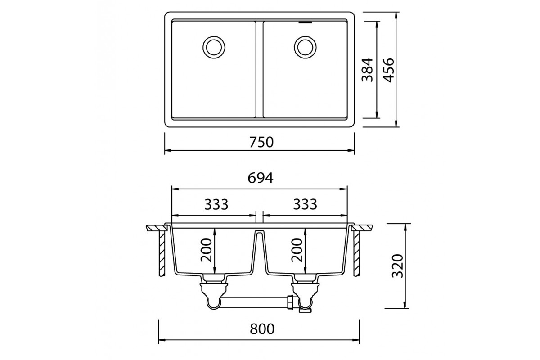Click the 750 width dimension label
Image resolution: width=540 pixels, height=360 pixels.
[x=261, y=142]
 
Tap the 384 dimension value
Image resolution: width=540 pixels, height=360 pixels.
[x=367, y=70]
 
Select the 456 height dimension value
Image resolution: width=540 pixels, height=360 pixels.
[x=389, y=70]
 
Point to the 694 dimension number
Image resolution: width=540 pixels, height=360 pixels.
[x=261, y=178]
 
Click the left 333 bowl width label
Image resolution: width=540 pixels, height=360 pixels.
[x=216, y=204]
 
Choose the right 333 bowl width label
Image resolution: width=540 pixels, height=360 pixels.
[x=305, y=204]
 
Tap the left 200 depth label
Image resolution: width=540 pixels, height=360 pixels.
[x=206, y=250]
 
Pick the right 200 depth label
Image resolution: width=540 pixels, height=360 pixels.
[x=297, y=250]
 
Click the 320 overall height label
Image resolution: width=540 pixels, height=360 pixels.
[x=398, y=265]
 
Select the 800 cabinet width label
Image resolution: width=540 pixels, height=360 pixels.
[x=262, y=329]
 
